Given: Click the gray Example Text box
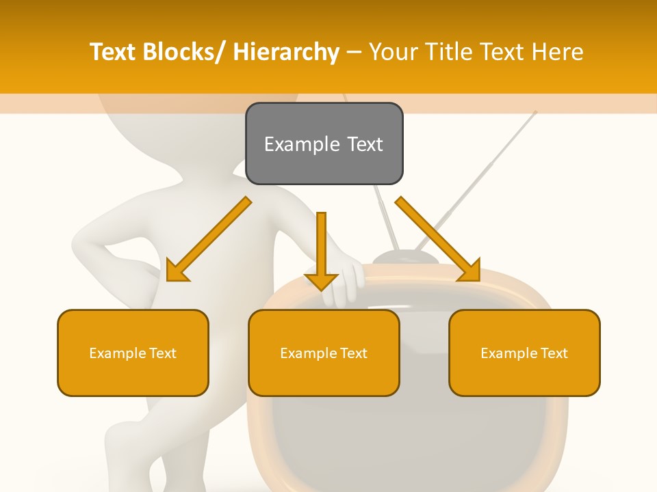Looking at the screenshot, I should (x=324, y=143).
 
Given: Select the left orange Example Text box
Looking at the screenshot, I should (x=133, y=353).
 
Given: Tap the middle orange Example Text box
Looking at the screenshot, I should (x=324, y=353).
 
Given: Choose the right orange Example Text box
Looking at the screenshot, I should (x=524, y=353).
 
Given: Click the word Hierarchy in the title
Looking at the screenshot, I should (x=286, y=53).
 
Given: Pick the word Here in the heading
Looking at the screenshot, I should (x=559, y=53).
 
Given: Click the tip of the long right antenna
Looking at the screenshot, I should (x=536, y=112).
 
